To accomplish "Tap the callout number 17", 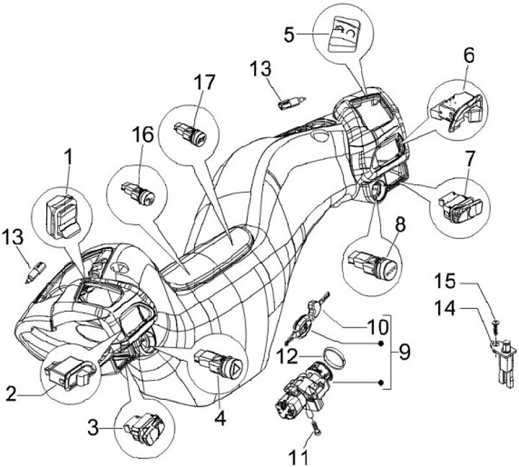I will [x=204, y=83].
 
